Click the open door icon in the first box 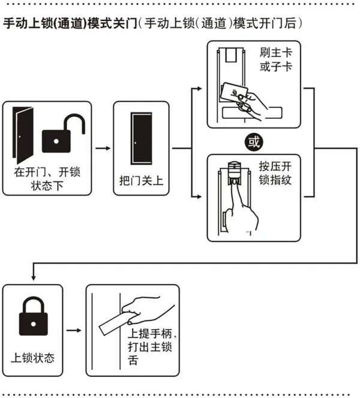(x=22, y=134)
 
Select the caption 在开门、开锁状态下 (x=47, y=178)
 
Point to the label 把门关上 (x=138, y=179)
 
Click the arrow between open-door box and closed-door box (x=103, y=147)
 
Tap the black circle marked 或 (x=254, y=142)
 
